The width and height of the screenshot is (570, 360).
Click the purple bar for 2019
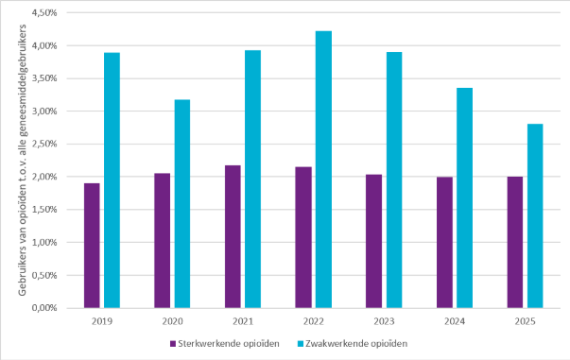(x=92, y=246)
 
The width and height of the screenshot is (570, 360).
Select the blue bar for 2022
(x=323, y=170)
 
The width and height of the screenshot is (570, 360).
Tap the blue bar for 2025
(x=535, y=216)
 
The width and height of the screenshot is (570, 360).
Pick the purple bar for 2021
(x=233, y=237)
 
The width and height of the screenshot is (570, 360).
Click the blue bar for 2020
(x=182, y=204)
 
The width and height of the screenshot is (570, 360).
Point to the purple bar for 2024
(x=444, y=243)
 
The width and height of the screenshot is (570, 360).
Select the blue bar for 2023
(x=394, y=180)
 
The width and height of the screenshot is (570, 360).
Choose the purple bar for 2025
(x=515, y=242)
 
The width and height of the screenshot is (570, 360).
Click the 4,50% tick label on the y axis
(x=44, y=13)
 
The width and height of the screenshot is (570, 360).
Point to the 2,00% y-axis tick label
(x=44, y=177)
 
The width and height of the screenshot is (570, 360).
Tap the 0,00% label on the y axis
(x=44, y=308)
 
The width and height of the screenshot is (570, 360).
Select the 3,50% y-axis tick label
(x=44, y=78)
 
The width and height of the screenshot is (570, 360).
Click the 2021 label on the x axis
(x=243, y=321)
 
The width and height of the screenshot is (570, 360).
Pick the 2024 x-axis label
(x=455, y=321)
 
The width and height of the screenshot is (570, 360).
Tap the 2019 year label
(x=102, y=321)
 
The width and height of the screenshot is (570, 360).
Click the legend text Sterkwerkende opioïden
(x=229, y=344)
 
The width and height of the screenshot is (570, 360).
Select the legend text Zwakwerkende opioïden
(x=356, y=344)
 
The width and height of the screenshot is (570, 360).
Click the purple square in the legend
(x=173, y=344)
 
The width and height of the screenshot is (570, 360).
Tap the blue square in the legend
(x=301, y=344)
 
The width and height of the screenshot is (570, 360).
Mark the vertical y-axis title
(x=22, y=161)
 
